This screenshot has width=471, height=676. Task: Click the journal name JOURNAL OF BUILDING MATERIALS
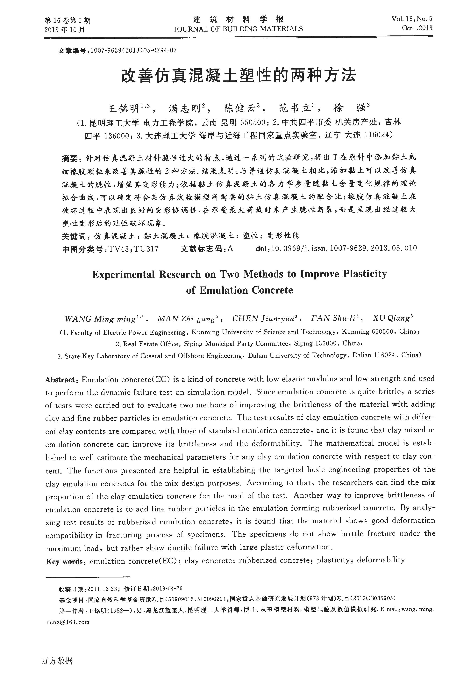point(238,29)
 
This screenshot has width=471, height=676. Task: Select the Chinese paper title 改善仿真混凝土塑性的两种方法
point(239,75)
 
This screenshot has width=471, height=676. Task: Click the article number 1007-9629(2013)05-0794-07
point(134,50)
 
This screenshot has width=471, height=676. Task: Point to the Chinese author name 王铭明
point(123,109)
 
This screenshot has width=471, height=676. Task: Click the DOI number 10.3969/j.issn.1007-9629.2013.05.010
point(344,248)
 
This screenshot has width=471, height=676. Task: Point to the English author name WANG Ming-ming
point(100,319)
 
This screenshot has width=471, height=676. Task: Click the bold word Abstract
point(60,380)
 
